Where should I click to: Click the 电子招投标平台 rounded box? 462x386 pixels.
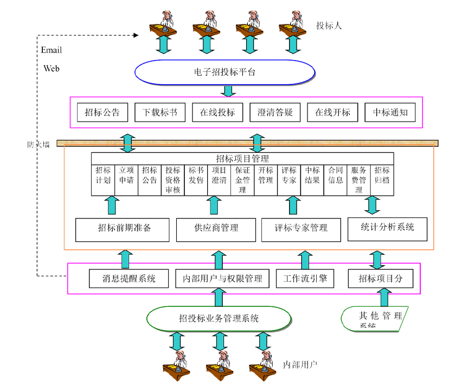click(x=224, y=72)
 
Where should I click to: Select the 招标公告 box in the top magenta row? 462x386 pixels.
click(x=102, y=113)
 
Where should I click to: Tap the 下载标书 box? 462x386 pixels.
click(x=160, y=113)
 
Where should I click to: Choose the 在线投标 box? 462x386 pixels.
click(x=217, y=113)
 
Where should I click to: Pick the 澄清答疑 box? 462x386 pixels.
click(x=275, y=113)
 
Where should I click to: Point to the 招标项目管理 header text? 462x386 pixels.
click(x=242, y=158)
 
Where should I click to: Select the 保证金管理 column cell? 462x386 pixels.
click(x=242, y=179)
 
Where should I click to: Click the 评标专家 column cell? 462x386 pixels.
click(x=289, y=175)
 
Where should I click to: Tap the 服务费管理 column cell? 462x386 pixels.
click(x=358, y=179)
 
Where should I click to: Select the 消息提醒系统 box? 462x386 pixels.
click(x=130, y=279)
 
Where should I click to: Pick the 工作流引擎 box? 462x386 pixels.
click(x=304, y=279)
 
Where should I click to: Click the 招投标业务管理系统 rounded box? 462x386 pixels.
click(x=219, y=318)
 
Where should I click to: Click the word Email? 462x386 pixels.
click(x=52, y=50)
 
